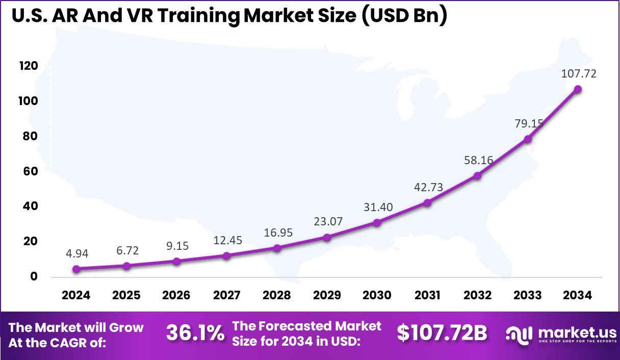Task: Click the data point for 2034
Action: click(x=578, y=89)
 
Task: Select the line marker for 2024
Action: click(x=76, y=269)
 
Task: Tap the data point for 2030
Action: click(x=377, y=223)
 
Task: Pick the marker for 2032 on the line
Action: click(x=477, y=176)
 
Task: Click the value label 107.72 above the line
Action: click(x=579, y=73)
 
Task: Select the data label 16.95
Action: click(x=277, y=233)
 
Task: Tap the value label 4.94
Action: click(x=76, y=253)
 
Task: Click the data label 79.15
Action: click(x=528, y=123)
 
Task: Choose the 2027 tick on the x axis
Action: click(x=226, y=295)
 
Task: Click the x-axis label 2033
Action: click(x=528, y=295)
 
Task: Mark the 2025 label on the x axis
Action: click(x=126, y=295)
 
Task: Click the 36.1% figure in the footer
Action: click(x=195, y=333)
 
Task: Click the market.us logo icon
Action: click(x=519, y=334)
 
